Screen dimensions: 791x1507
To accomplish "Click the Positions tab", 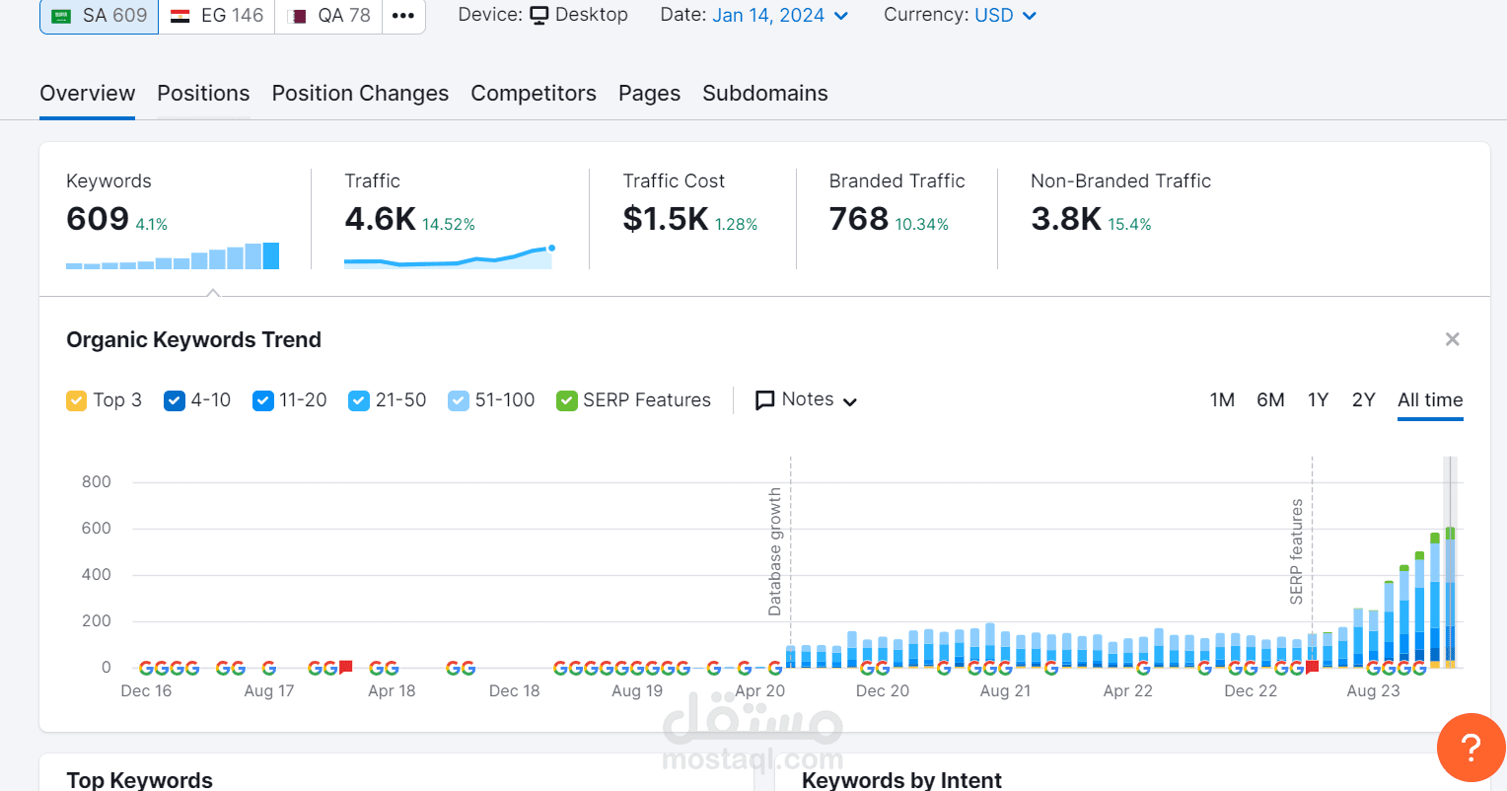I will (x=203, y=94).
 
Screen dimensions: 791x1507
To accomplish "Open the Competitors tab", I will (x=534, y=94).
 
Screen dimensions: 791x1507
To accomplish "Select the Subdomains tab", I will (x=764, y=94).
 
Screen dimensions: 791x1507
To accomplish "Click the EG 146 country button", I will (x=217, y=16).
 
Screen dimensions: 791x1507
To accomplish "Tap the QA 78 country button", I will (x=328, y=16).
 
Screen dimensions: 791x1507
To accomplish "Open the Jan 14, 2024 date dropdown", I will (x=779, y=16).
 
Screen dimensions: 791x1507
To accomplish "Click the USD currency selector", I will (x=1005, y=16).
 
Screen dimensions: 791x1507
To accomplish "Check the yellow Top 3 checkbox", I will (x=77, y=400).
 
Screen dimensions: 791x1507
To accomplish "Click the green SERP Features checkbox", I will (x=566, y=400).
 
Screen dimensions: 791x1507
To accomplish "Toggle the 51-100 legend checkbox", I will (x=458, y=400).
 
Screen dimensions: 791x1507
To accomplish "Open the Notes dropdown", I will (x=806, y=400).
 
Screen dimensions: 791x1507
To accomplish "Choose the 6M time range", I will (x=1270, y=400).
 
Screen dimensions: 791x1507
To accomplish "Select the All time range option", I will (x=1430, y=400).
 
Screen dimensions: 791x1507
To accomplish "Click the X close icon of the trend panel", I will (x=1452, y=339).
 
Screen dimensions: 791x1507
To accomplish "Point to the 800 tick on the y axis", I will (x=97, y=482).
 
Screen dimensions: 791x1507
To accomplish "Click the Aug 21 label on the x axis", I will (x=1005, y=691).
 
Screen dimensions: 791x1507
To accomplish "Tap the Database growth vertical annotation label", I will (x=775, y=552).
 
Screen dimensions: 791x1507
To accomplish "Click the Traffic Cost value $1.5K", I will (x=666, y=219).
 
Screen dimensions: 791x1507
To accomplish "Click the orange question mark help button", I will (x=1471, y=748).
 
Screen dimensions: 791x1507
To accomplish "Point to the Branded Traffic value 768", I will (x=858, y=219).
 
